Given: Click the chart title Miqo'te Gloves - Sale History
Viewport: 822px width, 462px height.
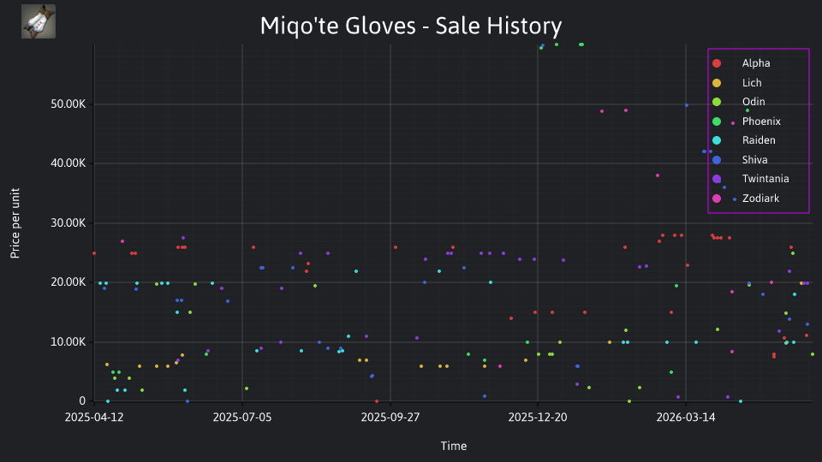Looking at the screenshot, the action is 411,26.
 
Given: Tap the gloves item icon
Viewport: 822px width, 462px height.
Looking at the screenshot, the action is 39,21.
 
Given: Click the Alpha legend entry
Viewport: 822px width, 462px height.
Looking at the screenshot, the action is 756,63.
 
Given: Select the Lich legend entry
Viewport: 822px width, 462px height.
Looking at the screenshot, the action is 752,83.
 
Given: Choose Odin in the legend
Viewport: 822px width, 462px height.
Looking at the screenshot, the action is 753,102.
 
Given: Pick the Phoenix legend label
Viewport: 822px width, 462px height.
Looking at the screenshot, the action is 761,121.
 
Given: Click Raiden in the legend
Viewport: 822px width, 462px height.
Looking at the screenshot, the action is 759,139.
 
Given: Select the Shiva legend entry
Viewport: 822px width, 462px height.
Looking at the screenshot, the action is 754,160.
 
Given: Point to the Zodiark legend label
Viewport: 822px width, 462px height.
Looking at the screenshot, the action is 760,198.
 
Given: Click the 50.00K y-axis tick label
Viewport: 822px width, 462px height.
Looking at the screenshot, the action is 68,104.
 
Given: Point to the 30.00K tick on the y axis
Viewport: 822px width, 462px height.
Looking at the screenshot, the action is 68,223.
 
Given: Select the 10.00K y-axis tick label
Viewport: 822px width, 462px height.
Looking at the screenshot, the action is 68,342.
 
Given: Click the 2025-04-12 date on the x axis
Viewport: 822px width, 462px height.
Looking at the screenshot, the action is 94,418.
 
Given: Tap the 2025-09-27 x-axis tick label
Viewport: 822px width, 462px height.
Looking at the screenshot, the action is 390,418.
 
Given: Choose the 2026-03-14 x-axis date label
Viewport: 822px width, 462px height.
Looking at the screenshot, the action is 686,418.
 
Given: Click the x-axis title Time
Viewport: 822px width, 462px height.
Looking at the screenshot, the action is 454,446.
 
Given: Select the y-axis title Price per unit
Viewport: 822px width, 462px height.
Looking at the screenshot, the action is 15,223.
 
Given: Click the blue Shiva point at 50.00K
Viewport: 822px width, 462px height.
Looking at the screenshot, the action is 687,105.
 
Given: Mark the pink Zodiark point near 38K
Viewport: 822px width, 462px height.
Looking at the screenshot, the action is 658,175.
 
